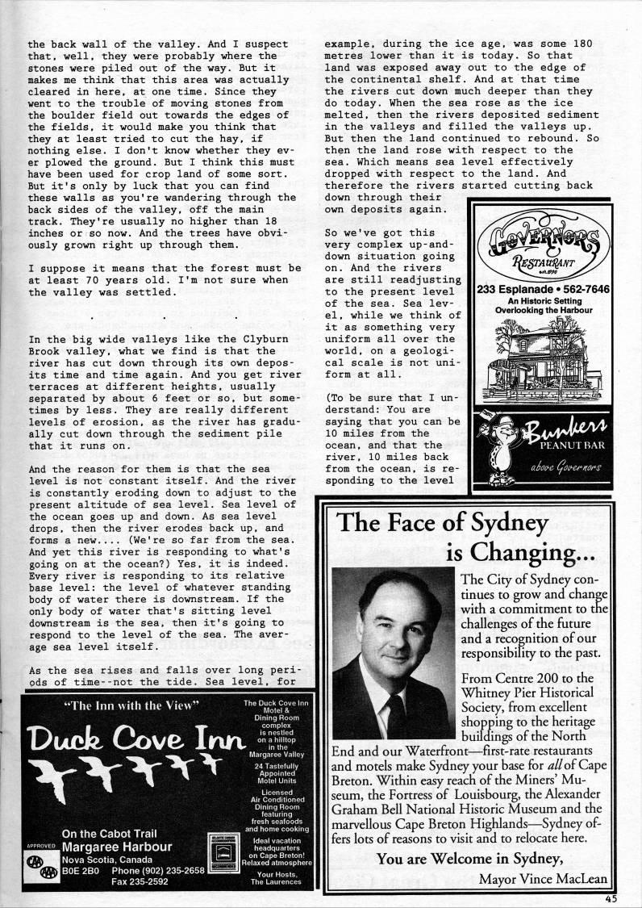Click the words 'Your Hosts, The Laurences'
[x=276, y=877]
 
